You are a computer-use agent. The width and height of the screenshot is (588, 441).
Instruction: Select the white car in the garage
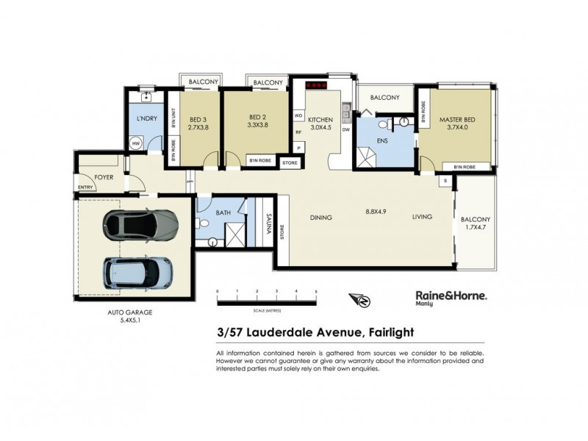click(x=139, y=273)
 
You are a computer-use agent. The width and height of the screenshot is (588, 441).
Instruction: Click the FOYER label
click(x=103, y=177)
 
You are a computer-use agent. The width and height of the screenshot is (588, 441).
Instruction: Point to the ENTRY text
click(x=85, y=187)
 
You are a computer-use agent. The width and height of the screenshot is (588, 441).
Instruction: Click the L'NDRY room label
click(x=144, y=118)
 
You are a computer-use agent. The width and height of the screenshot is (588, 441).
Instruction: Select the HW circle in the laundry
click(x=137, y=144)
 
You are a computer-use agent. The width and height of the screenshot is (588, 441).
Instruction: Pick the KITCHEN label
click(x=320, y=119)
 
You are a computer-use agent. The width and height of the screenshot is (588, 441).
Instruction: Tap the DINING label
click(x=321, y=218)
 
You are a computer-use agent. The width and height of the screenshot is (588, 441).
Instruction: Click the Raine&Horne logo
click(x=445, y=295)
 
